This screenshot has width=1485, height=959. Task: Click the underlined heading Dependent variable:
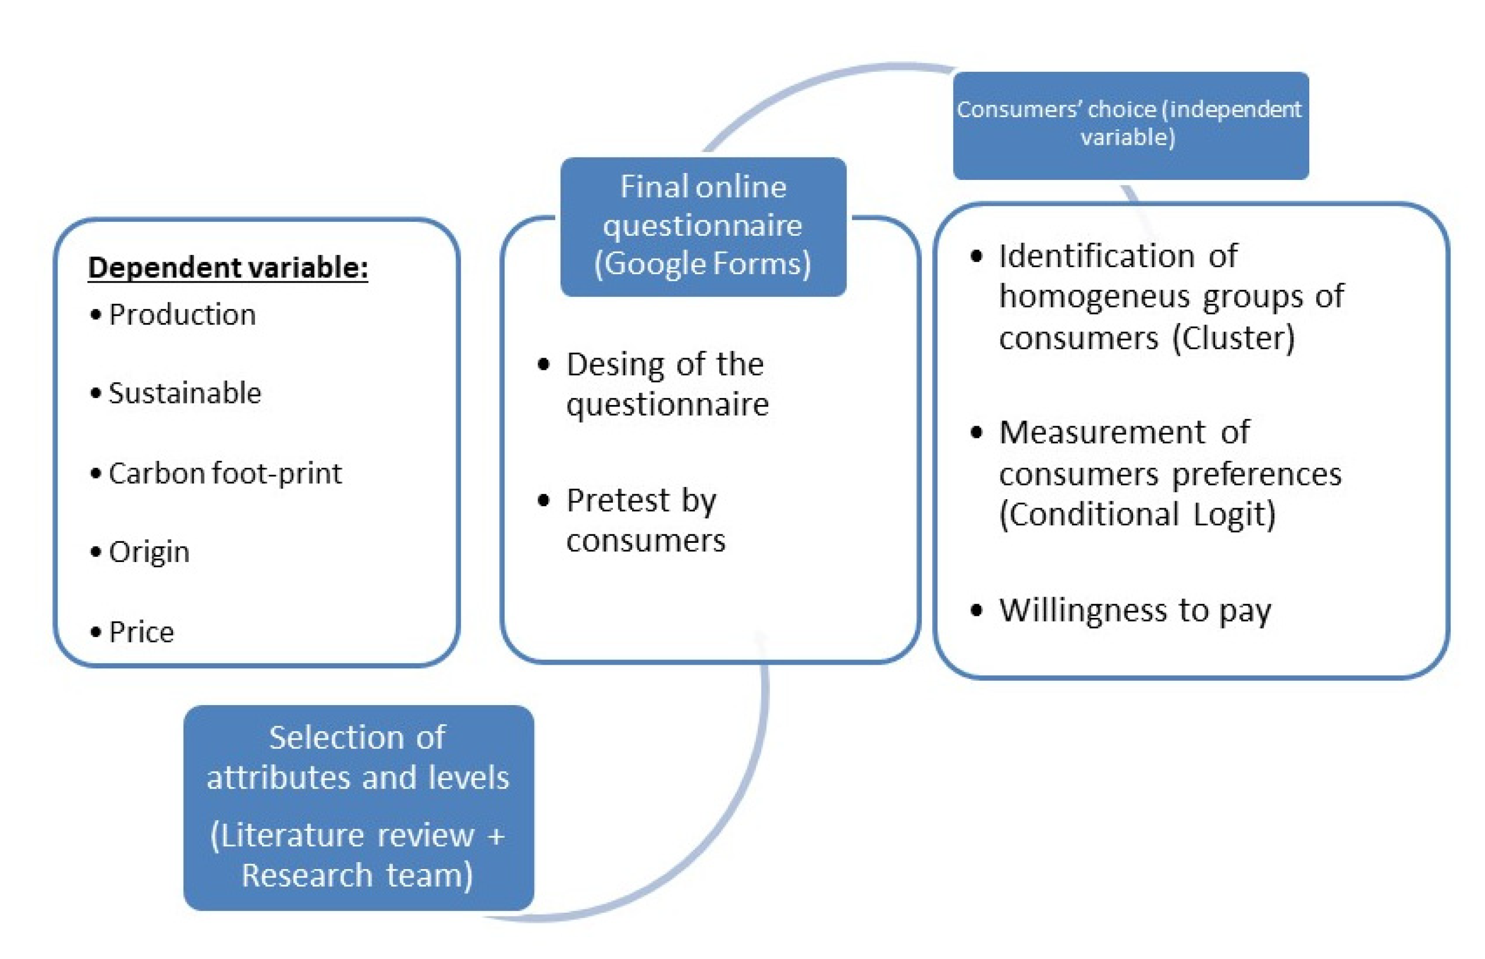point(227,268)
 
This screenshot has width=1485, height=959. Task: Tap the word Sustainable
point(184,393)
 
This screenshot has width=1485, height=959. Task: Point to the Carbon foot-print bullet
point(224,473)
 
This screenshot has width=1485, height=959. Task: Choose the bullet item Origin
point(149,552)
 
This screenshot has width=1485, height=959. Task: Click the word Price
point(142,632)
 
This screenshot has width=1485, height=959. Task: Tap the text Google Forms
point(703,263)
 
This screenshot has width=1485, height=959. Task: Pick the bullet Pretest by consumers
point(645,520)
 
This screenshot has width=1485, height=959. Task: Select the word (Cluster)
point(1233,338)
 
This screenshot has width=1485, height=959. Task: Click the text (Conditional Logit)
point(1137,515)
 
